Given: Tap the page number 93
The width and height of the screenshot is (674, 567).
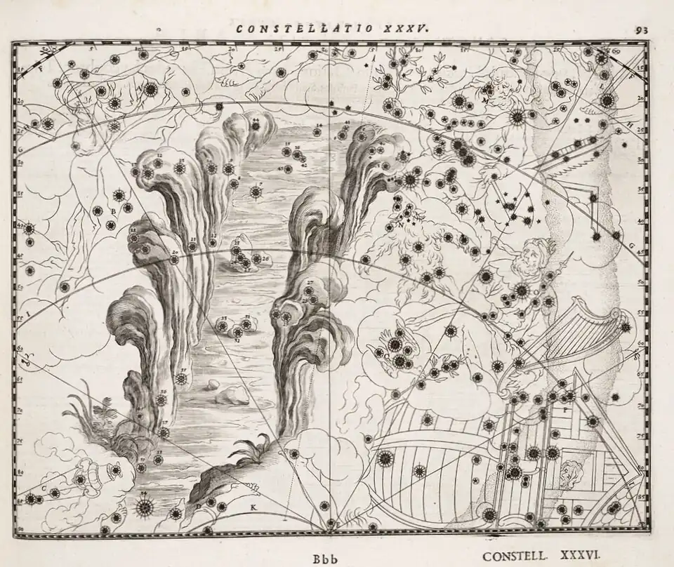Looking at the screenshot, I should click(640, 29).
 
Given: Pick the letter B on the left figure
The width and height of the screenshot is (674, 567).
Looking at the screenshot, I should click(112, 211).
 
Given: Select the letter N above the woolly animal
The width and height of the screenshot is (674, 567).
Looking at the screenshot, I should click(400, 225).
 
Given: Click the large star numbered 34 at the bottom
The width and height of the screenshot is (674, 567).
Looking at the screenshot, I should click(145, 506).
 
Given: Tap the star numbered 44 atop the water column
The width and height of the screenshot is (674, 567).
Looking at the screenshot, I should click(256, 125).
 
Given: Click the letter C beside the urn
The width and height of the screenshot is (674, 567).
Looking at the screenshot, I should click(44, 486).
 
